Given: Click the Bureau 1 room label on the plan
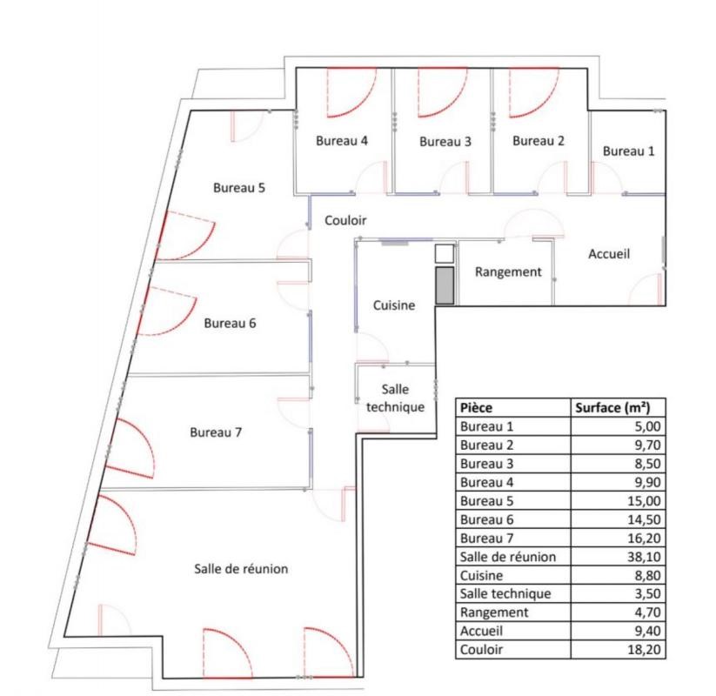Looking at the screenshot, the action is point(628,151).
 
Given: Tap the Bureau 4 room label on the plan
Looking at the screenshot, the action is point(342,141).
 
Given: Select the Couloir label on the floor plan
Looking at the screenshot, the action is point(346,221).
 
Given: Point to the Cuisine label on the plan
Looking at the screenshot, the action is point(393,305).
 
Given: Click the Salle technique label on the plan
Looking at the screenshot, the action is point(395,398).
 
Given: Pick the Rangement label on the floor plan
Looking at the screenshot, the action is point(507,271).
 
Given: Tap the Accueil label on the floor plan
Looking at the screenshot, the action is point(609,254).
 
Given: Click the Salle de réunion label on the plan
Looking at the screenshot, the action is point(240,569).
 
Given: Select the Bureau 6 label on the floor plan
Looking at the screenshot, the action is point(230,324).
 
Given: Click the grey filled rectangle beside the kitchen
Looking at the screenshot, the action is point(444,286).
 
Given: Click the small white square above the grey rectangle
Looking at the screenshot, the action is point(444,253).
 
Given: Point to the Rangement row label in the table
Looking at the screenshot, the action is point(490,612).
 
